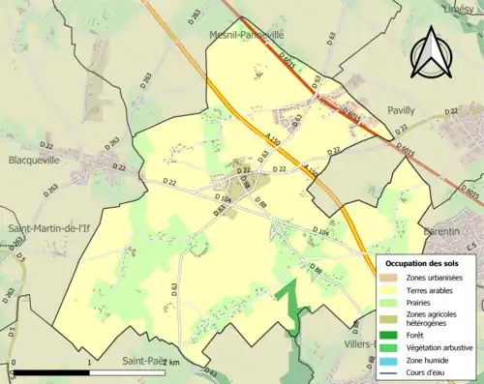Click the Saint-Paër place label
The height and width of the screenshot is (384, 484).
tap(141, 362)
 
